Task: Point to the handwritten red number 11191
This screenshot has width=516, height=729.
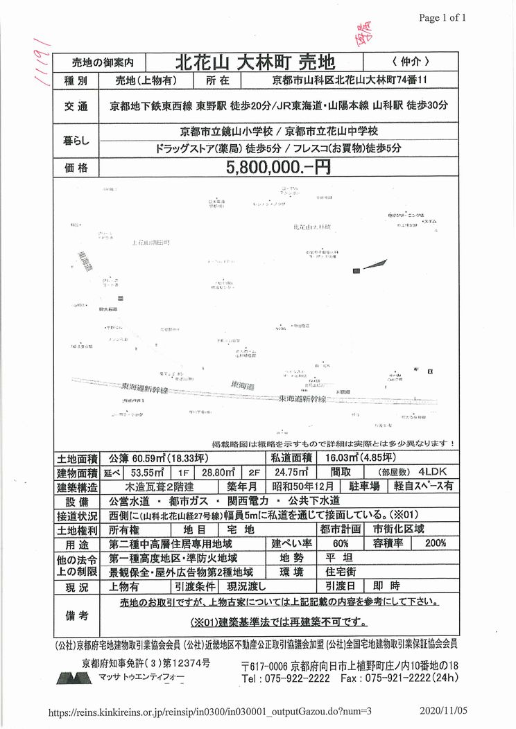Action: tap(44, 62)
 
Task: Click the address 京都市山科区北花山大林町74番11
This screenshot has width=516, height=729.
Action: tap(347, 81)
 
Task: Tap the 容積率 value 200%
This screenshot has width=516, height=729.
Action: tap(436, 542)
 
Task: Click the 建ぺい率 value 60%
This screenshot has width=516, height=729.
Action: tap(340, 542)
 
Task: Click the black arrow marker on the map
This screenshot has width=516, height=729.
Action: tap(372, 264)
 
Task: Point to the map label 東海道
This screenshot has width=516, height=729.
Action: tap(244, 385)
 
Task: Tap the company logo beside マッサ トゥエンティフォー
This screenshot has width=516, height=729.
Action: tap(74, 678)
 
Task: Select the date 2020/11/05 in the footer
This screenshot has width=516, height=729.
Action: tap(444, 710)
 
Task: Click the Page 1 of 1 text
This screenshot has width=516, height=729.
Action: tap(442, 17)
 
